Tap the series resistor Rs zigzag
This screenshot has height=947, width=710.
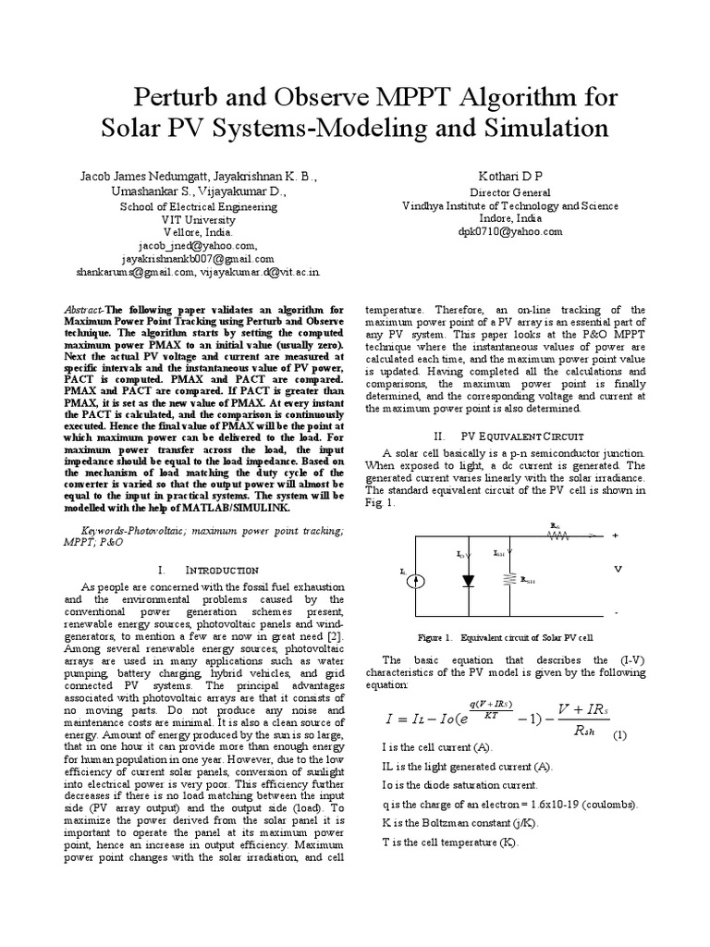(x=557, y=534)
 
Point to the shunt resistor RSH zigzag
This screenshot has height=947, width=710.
(x=506, y=580)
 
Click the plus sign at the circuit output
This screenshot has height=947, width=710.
(x=615, y=535)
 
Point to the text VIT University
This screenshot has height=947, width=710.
(x=199, y=220)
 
